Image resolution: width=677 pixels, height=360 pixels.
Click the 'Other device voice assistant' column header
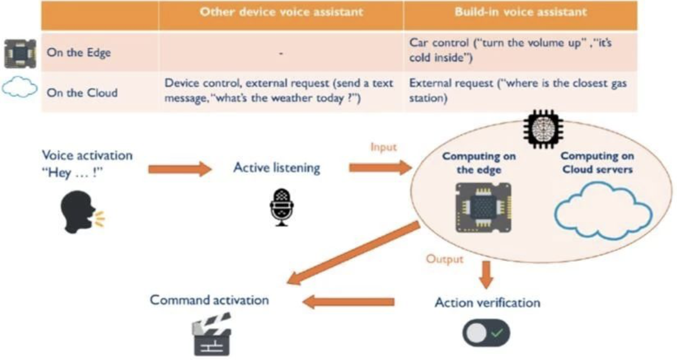[x=281, y=12]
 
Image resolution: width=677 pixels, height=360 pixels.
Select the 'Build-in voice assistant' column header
[x=520, y=12]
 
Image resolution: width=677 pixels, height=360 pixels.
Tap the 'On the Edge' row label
[x=79, y=53]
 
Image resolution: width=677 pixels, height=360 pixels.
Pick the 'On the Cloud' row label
[x=82, y=93]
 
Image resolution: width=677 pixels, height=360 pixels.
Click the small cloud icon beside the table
[x=20, y=87]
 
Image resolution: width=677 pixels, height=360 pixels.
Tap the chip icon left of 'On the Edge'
[x=20, y=54]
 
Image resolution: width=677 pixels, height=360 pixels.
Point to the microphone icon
[x=281, y=207]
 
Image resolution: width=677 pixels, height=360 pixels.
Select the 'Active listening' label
[x=277, y=168]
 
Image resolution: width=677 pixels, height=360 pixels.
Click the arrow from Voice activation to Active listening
[x=180, y=169]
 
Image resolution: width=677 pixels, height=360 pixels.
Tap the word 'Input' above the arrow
[x=383, y=147]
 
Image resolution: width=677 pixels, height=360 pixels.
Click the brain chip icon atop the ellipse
[x=543, y=128]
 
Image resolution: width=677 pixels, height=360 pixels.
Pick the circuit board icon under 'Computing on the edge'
[x=483, y=208]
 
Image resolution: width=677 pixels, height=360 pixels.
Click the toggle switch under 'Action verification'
[x=486, y=333]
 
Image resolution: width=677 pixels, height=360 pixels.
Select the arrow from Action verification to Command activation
[x=348, y=302]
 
